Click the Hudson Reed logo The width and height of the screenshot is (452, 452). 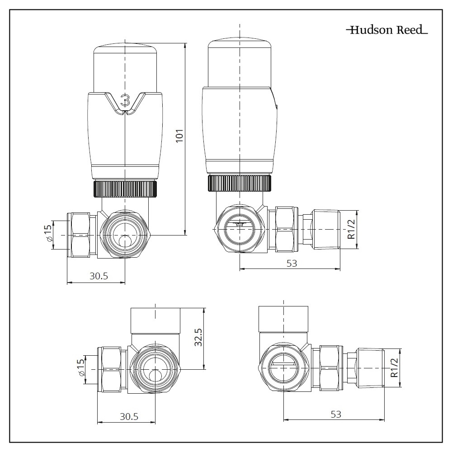387,30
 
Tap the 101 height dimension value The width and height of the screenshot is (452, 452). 179,136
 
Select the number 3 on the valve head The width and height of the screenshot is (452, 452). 126,99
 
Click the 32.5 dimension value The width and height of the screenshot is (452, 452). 198,337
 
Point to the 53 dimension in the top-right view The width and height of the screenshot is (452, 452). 292,263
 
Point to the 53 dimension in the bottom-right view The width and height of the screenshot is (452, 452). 335,414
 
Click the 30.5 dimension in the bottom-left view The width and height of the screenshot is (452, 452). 129,416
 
